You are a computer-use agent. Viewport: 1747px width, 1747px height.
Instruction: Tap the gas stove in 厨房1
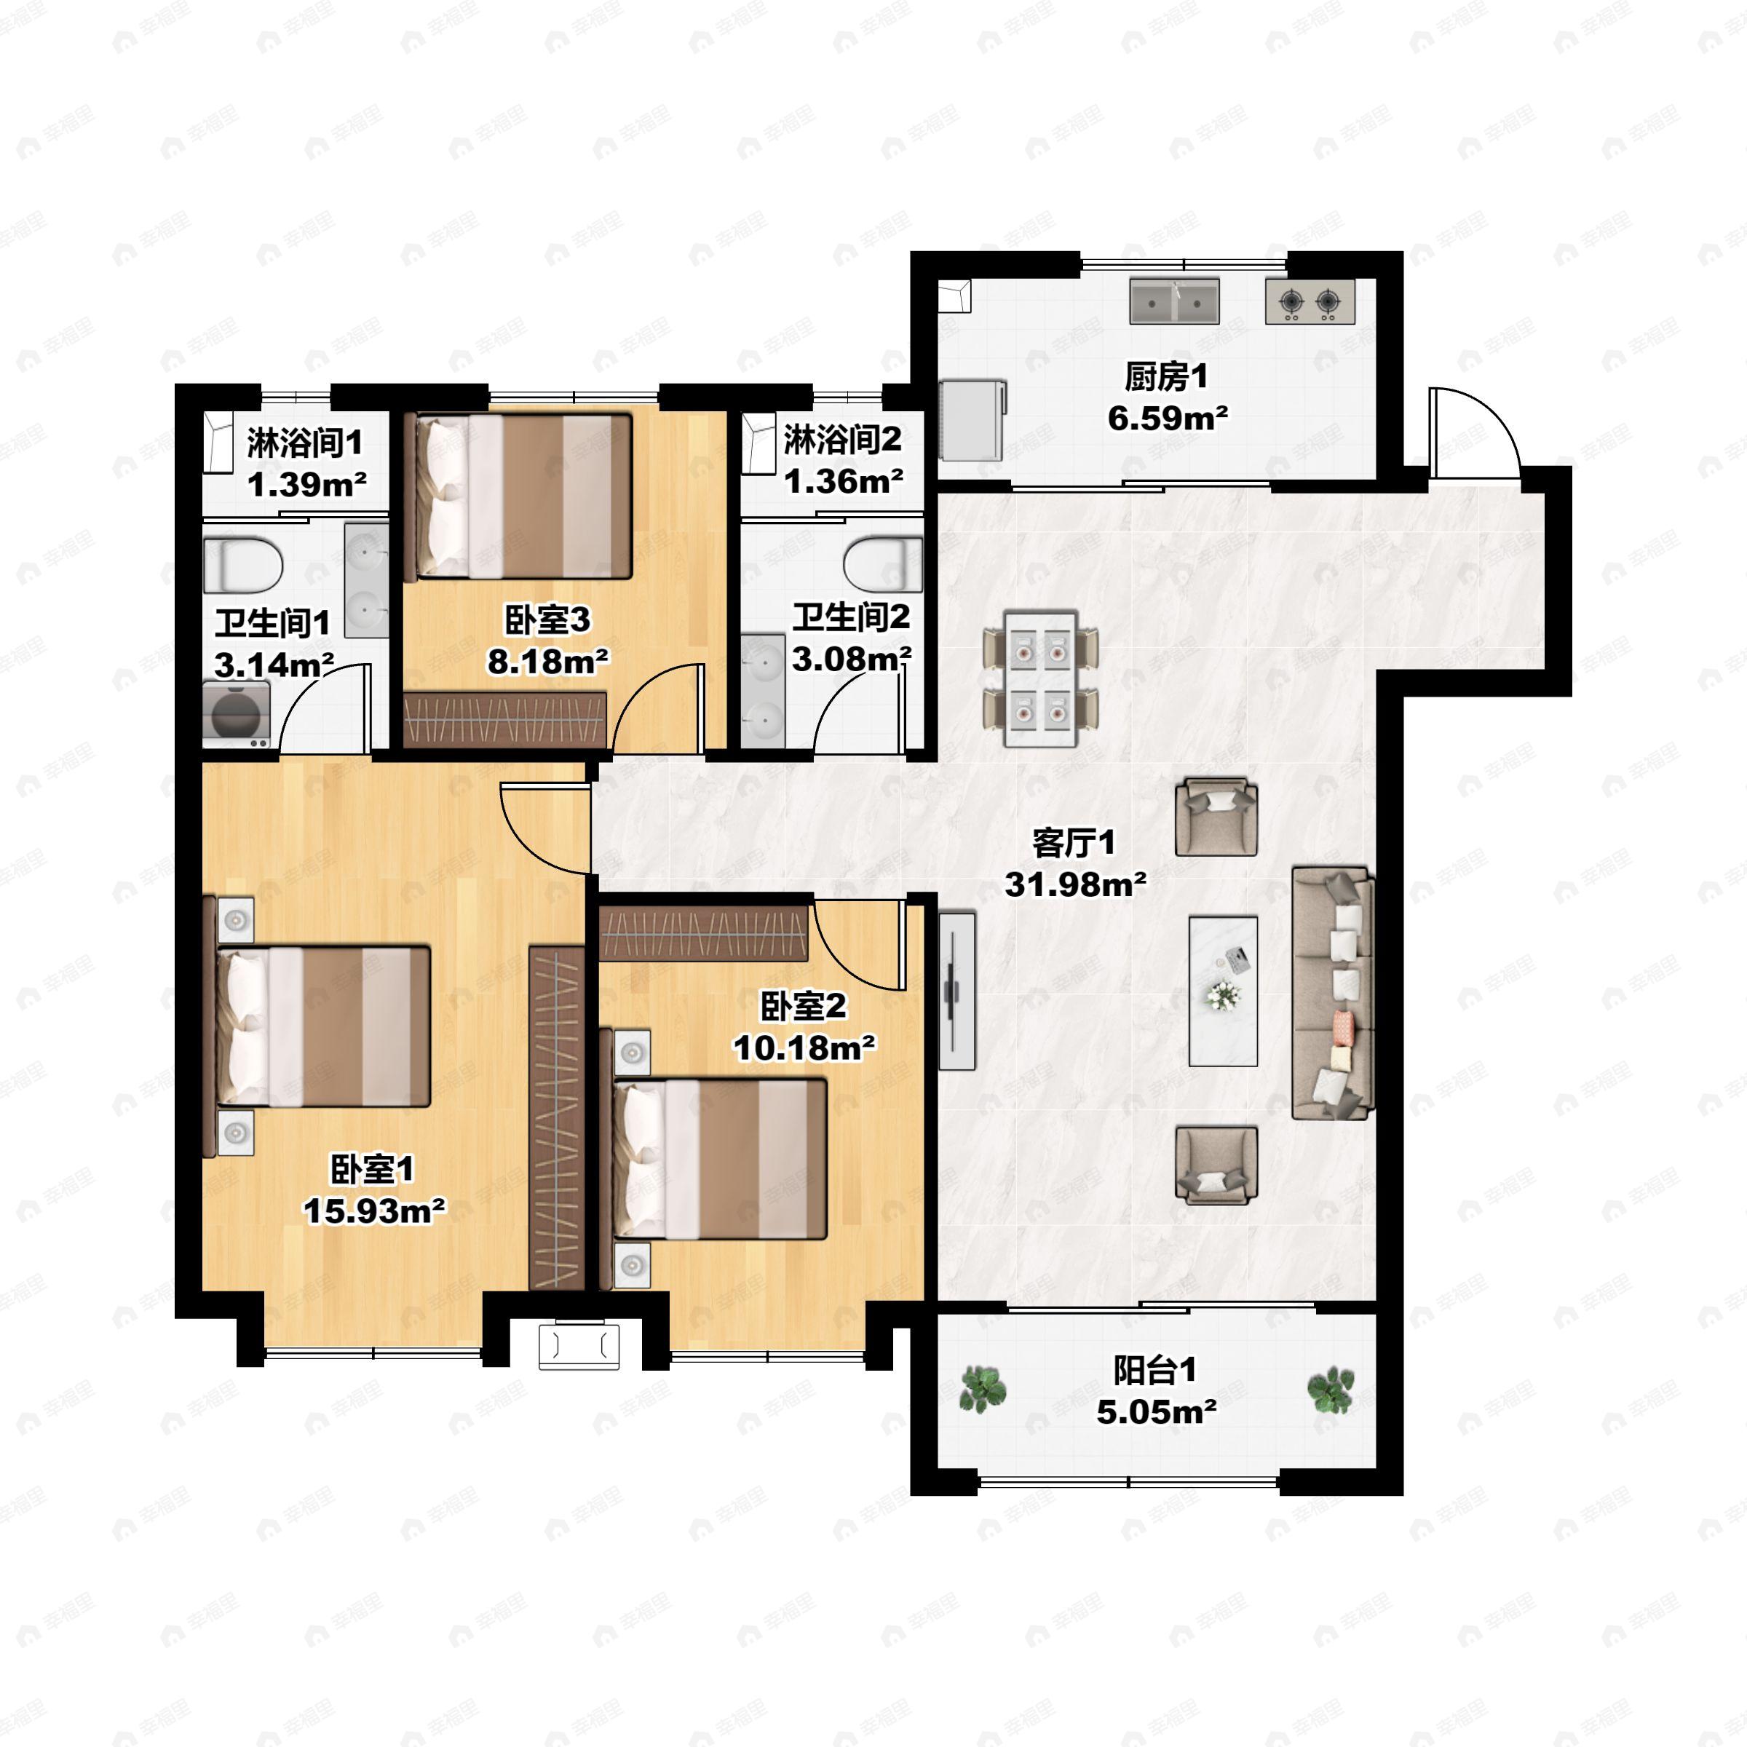tap(1310, 301)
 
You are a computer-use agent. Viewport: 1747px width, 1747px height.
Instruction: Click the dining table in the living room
tap(1042, 679)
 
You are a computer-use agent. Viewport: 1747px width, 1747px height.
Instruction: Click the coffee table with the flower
tap(1224, 991)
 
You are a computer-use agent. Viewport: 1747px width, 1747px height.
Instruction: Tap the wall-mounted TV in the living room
tap(956, 991)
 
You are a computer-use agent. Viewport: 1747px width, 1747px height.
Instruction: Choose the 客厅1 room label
tap(1074, 843)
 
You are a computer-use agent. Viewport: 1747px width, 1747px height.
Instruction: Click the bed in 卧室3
tap(522, 496)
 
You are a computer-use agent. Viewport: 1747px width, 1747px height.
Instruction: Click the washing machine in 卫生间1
tap(237, 714)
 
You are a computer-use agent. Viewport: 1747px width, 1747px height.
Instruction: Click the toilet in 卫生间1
tap(243, 565)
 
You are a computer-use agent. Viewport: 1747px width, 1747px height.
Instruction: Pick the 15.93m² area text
tap(374, 1210)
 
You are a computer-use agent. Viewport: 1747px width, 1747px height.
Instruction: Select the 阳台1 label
tap(1154, 1371)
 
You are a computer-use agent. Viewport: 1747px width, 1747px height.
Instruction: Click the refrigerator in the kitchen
tap(972, 419)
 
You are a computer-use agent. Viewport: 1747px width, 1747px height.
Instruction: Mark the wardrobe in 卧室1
tap(556, 1117)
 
